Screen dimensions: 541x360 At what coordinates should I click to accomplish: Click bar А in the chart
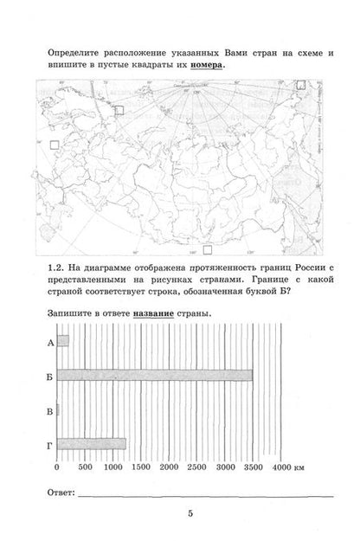[x=62, y=341]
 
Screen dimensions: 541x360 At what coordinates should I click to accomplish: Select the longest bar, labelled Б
[x=154, y=375]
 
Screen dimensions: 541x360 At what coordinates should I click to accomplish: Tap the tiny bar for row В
[x=57, y=409]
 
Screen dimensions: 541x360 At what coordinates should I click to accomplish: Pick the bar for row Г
[x=91, y=443]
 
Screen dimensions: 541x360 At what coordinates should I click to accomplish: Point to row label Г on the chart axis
[x=44, y=444]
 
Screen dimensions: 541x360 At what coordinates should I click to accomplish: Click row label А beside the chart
[x=44, y=342]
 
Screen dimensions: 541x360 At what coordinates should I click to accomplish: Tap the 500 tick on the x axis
[x=85, y=467]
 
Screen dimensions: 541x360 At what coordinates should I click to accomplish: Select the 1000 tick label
[x=113, y=467]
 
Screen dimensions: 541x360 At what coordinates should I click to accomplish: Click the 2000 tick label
[x=170, y=467]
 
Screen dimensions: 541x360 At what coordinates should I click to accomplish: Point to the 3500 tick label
[x=253, y=467]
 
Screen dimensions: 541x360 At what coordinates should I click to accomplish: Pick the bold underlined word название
[x=154, y=313]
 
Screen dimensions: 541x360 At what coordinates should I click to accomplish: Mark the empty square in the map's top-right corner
[x=300, y=85]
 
